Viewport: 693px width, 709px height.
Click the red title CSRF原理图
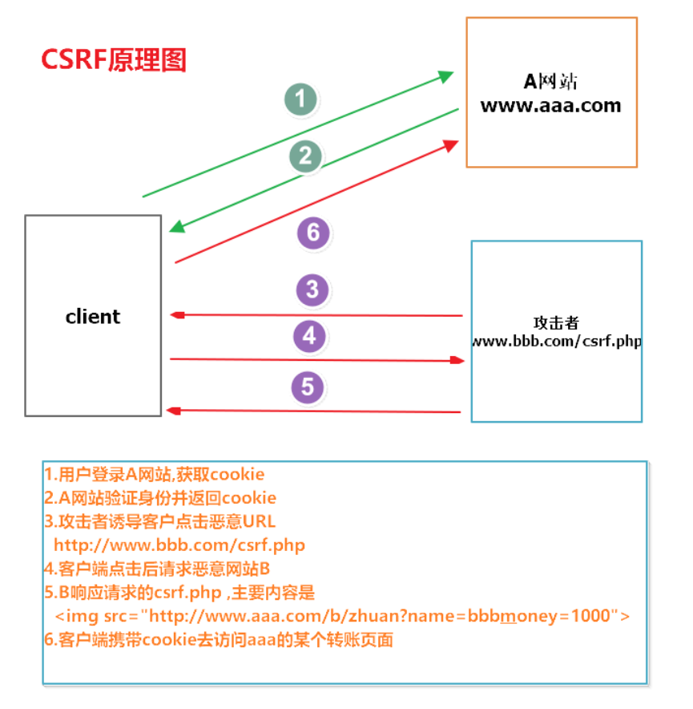114,60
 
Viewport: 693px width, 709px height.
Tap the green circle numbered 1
300,99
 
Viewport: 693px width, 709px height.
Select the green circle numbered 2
305,156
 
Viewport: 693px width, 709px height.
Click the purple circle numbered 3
312,289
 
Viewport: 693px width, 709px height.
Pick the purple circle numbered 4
309,336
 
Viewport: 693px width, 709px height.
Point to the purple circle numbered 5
307,387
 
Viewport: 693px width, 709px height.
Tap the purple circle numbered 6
313,233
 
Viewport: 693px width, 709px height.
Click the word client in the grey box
93,317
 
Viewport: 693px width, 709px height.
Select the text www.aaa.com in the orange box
550,105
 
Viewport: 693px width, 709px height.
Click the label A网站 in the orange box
550,81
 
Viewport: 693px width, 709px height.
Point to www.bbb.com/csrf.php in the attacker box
557,341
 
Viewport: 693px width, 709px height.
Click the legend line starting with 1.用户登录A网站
155,474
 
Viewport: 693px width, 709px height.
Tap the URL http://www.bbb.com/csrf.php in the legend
179,545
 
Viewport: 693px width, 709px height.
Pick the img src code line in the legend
342,616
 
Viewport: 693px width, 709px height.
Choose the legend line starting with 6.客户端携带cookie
219,640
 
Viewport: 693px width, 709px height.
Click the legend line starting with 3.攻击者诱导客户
159,521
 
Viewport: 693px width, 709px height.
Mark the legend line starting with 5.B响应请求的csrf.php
180,593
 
